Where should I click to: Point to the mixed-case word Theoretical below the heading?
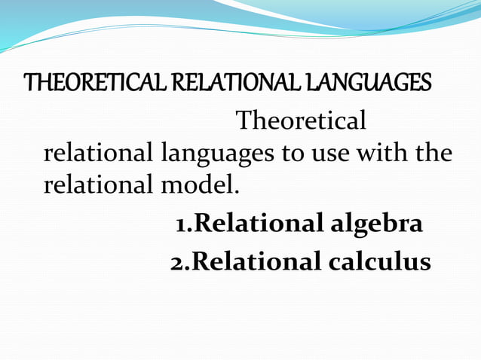[x=302, y=121]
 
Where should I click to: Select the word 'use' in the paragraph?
[x=327, y=154]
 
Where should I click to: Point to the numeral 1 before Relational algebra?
[x=181, y=224]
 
